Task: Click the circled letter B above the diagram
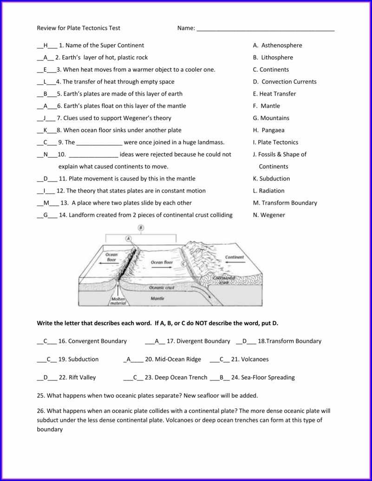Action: [141, 228]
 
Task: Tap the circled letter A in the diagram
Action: [129, 238]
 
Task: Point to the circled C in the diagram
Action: [183, 264]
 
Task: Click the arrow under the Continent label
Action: [235, 263]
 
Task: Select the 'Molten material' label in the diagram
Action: [117, 301]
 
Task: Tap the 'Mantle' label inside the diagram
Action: [157, 298]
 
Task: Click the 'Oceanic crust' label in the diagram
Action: [162, 287]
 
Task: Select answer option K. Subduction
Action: [271, 179]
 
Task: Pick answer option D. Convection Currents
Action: [285, 82]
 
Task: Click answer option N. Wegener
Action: [269, 215]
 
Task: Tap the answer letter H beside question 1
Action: [46, 46]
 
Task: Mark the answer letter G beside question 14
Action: [46, 215]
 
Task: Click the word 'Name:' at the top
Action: [186, 28]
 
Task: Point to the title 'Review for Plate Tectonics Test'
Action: [78, 28]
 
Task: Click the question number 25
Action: [40, 395]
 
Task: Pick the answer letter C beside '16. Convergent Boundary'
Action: [46, 341]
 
